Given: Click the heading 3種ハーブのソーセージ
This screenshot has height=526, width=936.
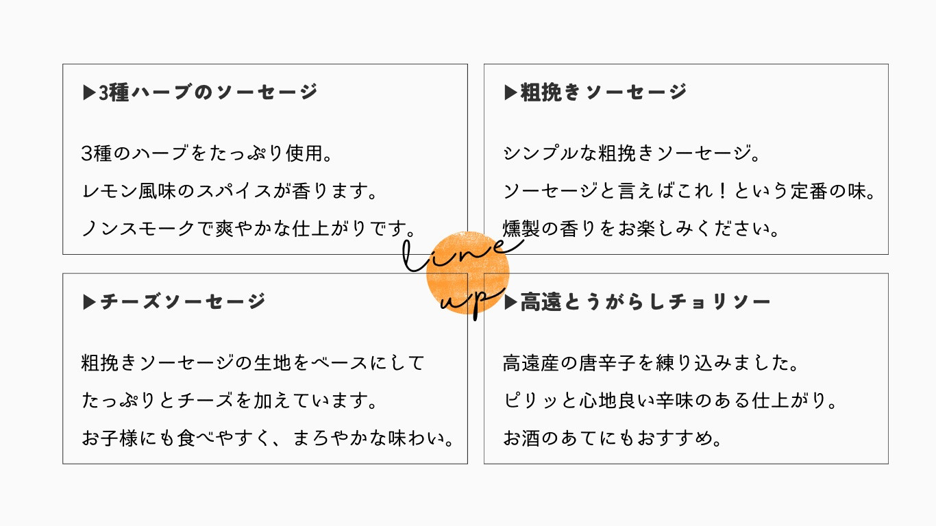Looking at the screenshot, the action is (208, 92).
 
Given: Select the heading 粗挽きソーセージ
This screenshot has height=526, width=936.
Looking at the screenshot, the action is (604, 92).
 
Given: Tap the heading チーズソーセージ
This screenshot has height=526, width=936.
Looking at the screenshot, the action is (183, 301).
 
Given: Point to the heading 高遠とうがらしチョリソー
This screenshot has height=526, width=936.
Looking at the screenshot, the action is (645, 301).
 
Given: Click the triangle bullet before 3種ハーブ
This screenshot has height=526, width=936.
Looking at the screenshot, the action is (89, 92).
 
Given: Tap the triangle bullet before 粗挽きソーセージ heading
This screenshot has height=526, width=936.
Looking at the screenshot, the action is (510, 92).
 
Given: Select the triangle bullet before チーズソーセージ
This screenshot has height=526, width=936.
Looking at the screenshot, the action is (89, 302).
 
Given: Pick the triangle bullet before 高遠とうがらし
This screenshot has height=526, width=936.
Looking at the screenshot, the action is (510, 302).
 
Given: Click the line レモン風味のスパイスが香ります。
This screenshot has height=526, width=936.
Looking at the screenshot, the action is (230, 191).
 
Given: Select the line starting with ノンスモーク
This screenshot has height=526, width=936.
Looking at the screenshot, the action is (248, 229).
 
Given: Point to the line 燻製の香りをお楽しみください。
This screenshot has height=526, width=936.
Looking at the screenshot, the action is (640, 229).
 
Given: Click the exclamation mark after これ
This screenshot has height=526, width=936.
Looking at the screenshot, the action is (722, 191).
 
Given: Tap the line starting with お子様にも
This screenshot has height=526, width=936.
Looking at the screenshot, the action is (267, 438).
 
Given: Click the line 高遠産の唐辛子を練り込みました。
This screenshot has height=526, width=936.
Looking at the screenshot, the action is (650, 362).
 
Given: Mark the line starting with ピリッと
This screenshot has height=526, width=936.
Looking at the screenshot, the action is (669, 401).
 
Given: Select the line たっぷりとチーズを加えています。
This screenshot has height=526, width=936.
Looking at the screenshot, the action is (230, 401).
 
